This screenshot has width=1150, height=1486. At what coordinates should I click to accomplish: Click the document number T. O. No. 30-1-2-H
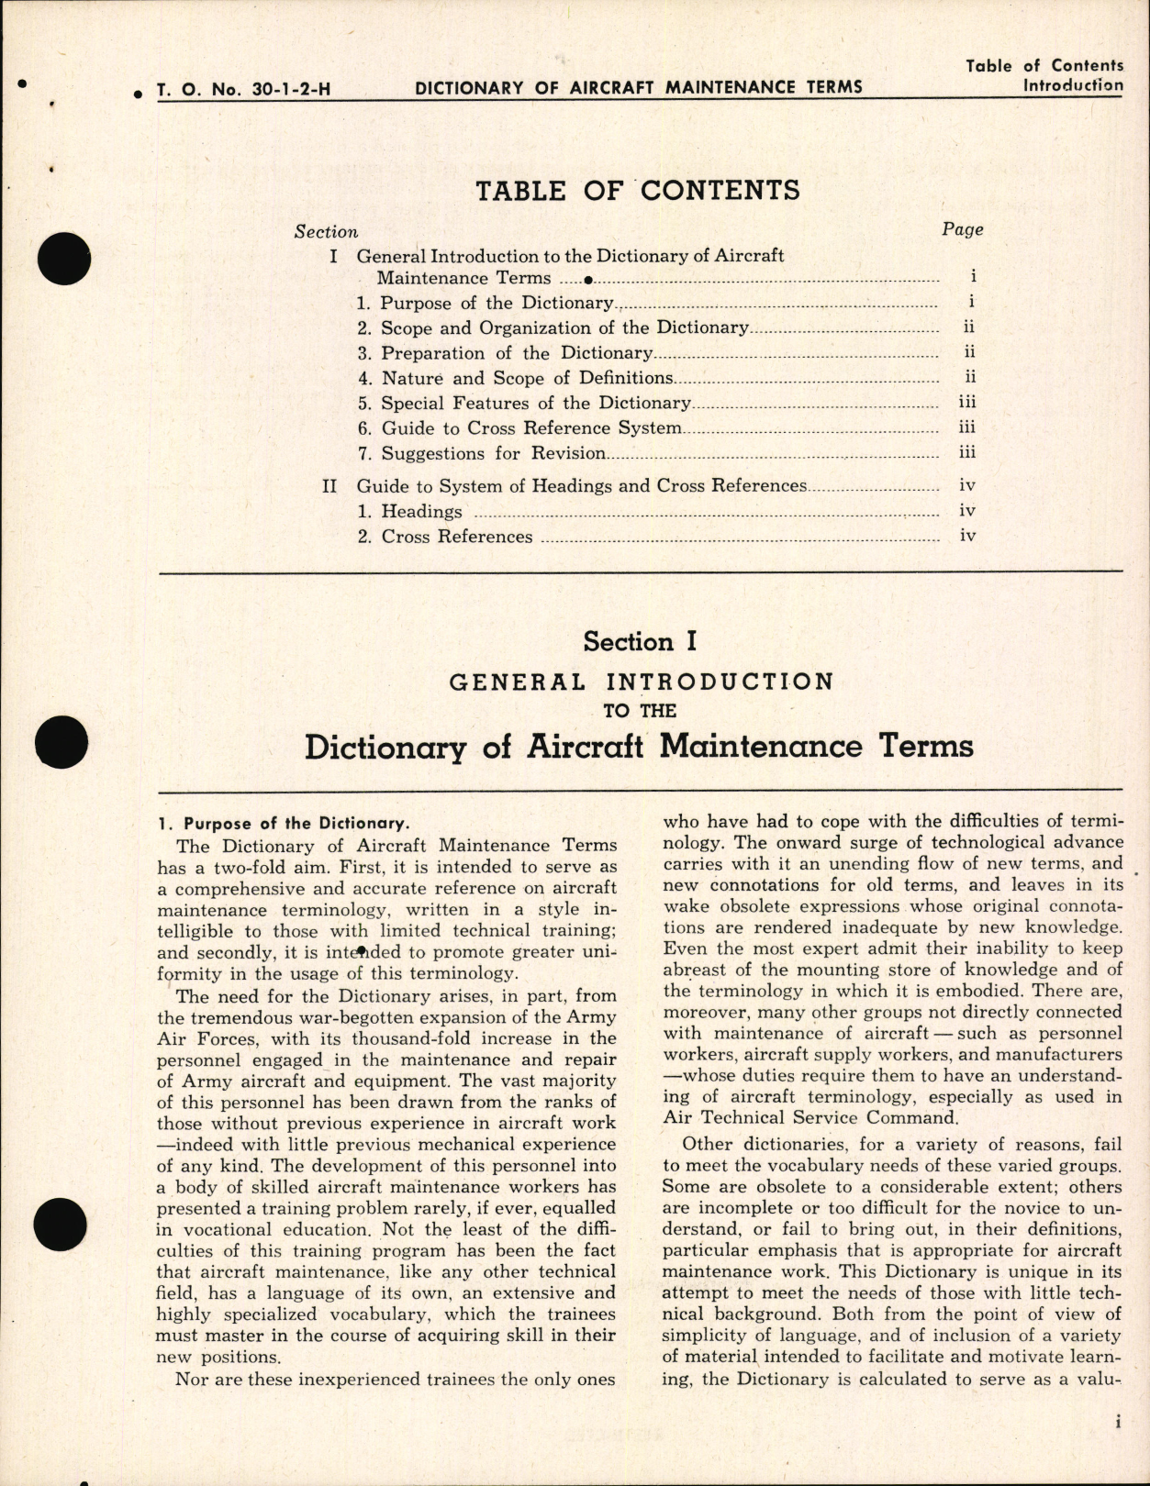coord(243,89)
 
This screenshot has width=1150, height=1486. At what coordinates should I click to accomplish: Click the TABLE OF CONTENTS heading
coord(638,191)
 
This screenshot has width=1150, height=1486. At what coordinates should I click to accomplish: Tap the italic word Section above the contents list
coord(326,233)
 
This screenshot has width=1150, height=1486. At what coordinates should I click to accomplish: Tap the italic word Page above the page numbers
coord(962,230)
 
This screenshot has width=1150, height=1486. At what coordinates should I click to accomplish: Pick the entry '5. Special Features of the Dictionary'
coord(535,404)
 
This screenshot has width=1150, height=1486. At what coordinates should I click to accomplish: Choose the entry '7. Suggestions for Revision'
coord(493,454)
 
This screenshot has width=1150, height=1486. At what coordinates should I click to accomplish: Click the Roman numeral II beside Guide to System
coord(330,486)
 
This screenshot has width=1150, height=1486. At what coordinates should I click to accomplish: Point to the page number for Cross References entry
coord(967,536)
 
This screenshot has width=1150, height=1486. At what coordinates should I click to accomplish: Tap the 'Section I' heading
coord(640,642)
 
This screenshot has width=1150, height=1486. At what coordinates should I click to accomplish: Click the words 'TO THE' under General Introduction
coord(640,711)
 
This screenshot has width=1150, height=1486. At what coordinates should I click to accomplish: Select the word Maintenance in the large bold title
coord(761,746)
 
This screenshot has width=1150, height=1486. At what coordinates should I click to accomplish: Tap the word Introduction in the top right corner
coord(1072,85)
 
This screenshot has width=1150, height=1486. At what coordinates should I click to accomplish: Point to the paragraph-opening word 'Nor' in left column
coord(192,1379)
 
